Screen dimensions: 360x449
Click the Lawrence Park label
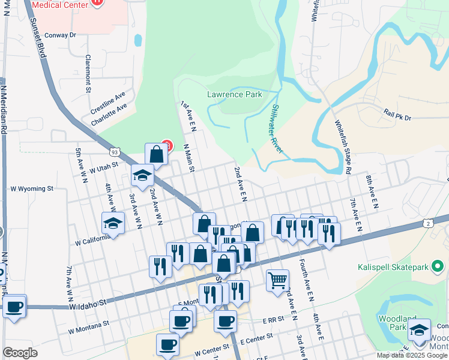(x=234, y=94)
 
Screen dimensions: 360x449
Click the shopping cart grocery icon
(x=277, y=280)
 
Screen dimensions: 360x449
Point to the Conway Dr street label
(x=61, y=35)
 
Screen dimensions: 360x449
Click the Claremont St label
(x=88, y=74)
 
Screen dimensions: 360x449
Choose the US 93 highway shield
(x=115, y=152)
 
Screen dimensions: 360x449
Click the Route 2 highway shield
(x=427, y=223)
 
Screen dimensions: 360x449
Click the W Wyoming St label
(x=32, y=188)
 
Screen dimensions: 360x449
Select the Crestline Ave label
(x=108, y=104)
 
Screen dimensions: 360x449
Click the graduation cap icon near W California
(x=112, y=223)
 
